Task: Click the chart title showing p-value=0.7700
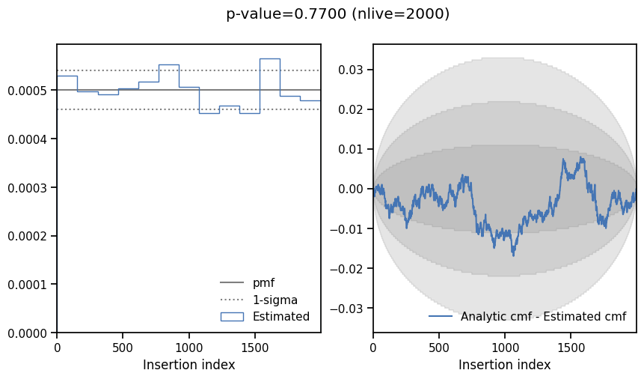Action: click(337, 13)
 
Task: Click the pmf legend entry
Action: click(263, 282)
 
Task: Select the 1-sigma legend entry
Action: click(275, 300)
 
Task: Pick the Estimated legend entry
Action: click(280, 316)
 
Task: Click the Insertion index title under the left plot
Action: click(188, 365)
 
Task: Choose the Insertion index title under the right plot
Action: click(504, 365)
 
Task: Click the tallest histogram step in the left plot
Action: click(270, 58)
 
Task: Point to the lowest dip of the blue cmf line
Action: click(513, 255)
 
